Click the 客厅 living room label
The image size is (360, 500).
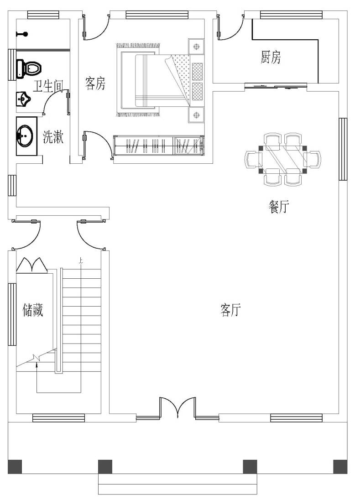[x=230, y=310]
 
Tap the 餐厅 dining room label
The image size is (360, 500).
[x=278, y=206]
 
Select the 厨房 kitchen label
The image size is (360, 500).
[x=271, y=57]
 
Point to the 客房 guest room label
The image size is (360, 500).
[x=95, y=83]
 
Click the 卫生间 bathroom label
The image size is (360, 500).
[x=48, y=86]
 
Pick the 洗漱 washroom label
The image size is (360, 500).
[x=53, y=137]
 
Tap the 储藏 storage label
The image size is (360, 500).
[x=32, y=310]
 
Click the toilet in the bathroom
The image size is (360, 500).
[x=29, y=68]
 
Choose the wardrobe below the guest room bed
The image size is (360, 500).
[x=158, y=145]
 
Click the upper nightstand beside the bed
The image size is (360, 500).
[x=196, y=47]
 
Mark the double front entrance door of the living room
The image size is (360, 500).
[x=177, y=407]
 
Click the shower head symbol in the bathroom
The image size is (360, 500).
[x=22, y=34]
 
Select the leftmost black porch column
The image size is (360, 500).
[x=15, y=467]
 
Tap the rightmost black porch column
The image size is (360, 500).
[x=340, y=467]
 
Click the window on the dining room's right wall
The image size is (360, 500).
[x=343, y=149]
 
